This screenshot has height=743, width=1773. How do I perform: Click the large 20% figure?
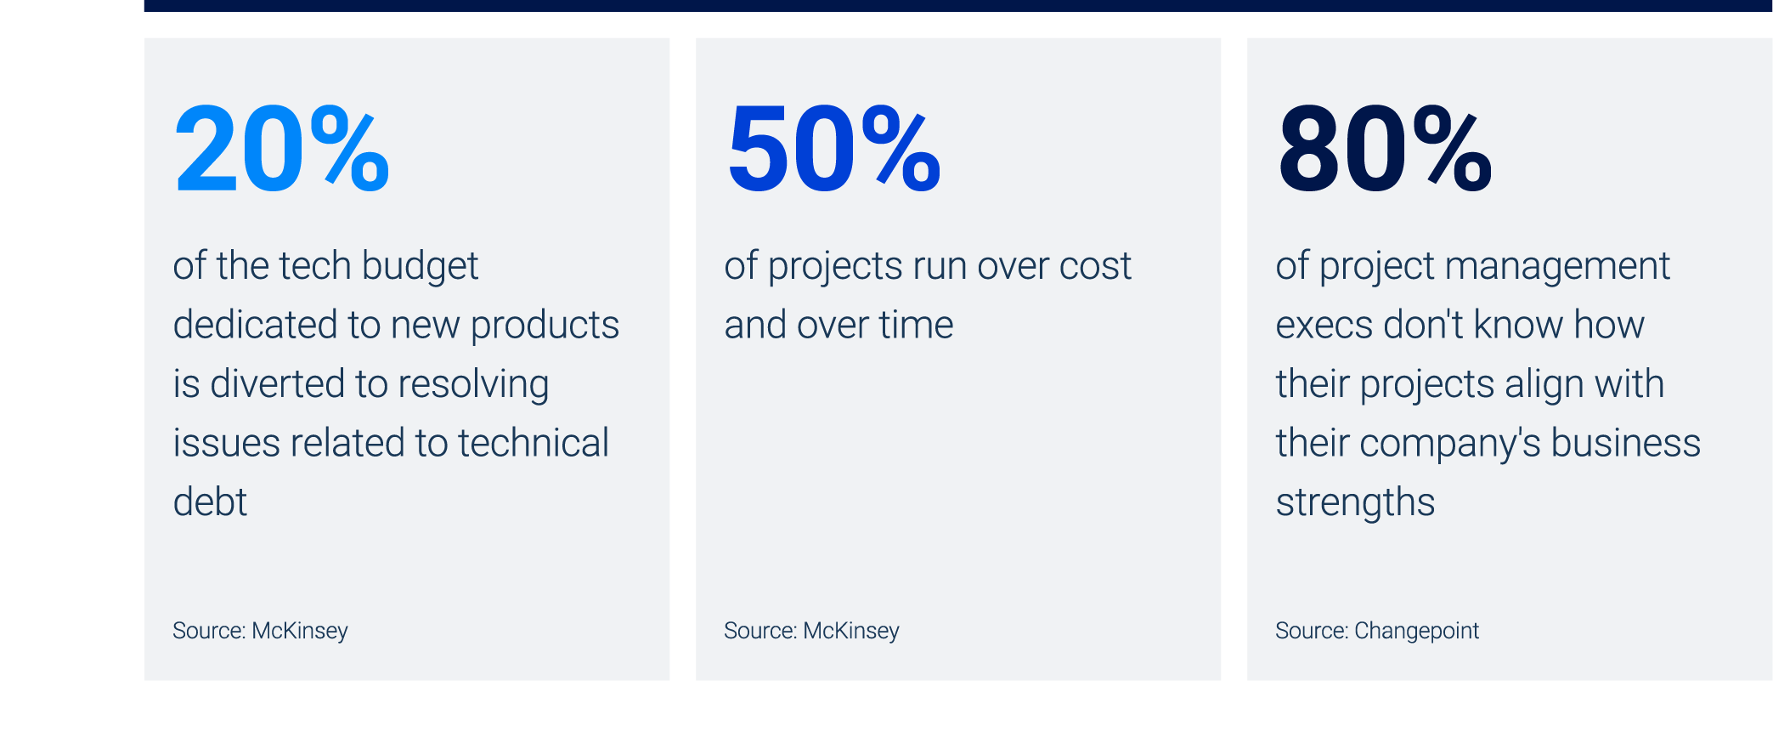[281, 150]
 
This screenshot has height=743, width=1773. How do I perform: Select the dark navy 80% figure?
[1384, 150]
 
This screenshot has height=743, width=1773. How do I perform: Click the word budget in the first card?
[420, 267]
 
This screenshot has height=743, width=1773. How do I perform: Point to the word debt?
[210, 502]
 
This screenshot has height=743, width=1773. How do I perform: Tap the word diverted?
[276, 384]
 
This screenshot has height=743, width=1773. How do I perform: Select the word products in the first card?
[545, 326]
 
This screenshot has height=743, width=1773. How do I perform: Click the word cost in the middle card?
[1095, 267]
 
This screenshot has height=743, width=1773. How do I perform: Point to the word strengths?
[1355, 502]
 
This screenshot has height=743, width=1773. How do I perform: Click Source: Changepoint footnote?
[1376, 631]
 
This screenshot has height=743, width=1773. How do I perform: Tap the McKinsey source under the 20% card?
[260, 631]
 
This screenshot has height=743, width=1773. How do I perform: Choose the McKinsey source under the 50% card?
[811, 631]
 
